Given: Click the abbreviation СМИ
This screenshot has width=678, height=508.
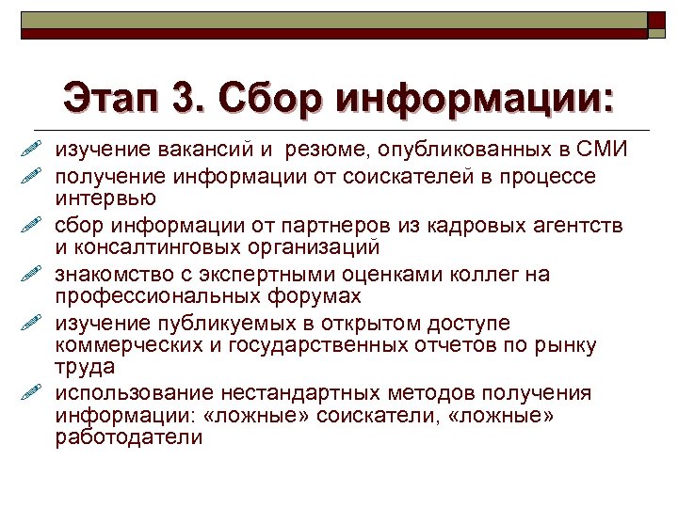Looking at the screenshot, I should (x=603, y=151).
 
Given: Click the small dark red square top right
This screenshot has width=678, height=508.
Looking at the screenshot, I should (x=654, y=21).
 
